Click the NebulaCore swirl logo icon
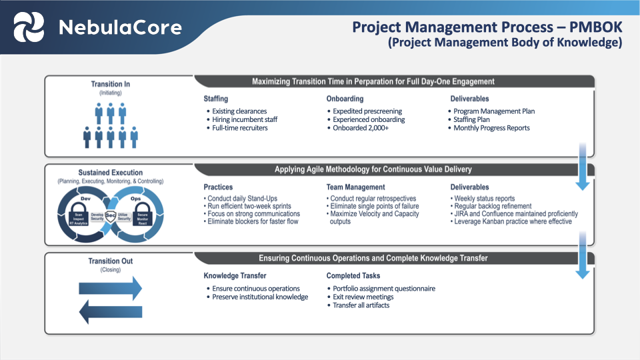pos(29,27)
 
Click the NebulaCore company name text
pos(119,27)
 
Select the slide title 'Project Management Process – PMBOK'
pos(486,27)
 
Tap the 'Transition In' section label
pos(110,84)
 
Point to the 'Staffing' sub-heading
pos(217,99)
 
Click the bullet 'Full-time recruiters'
pos(239,128)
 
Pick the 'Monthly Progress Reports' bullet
pos(491,128)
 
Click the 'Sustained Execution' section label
pos(110,173)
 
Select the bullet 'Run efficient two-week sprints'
pos(249,206)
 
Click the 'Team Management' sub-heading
pos(355,187)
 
